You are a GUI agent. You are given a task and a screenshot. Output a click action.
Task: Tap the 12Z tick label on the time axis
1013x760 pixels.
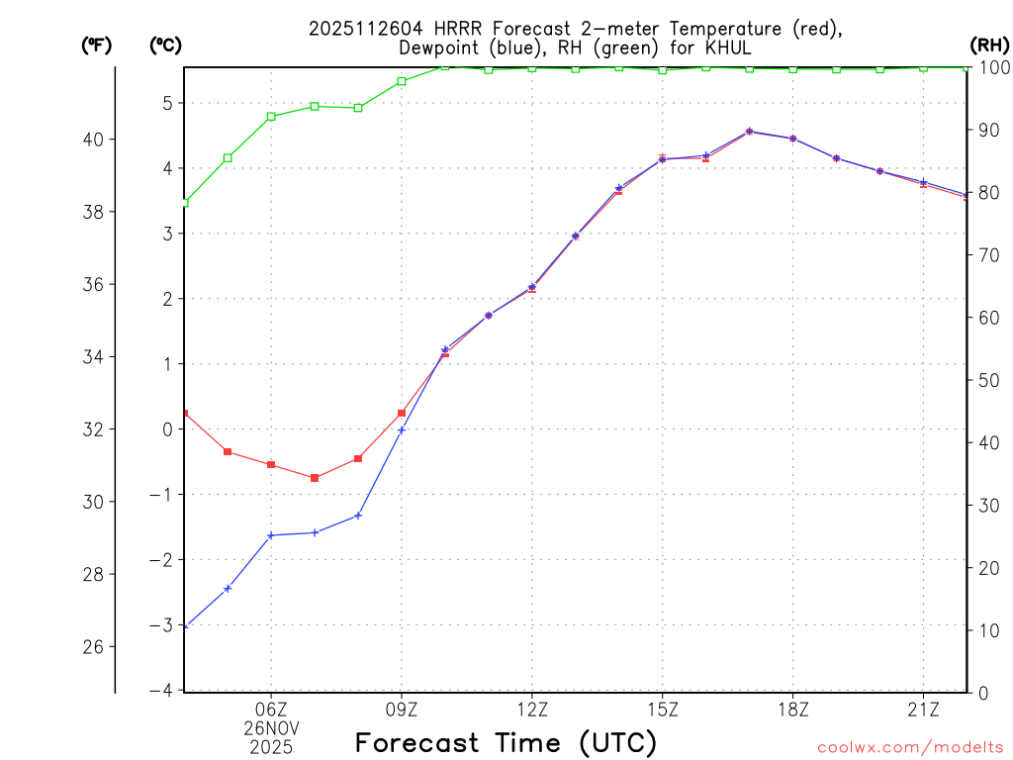532,710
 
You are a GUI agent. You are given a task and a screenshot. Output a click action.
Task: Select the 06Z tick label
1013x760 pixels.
271,710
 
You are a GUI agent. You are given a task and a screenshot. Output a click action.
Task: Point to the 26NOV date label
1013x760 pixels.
271,728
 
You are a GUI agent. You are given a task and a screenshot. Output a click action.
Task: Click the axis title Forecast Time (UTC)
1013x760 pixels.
506,742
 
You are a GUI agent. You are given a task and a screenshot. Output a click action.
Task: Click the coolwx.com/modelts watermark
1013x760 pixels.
910,747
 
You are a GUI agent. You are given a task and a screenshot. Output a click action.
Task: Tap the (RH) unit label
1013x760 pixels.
989,45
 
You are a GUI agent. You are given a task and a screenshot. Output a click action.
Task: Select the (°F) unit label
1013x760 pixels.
97,45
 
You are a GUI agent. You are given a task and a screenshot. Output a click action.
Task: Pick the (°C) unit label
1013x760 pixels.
165,45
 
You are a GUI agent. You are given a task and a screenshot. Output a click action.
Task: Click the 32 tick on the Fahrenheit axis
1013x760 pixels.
94,429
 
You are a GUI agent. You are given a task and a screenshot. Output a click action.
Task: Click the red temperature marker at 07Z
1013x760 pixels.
315,478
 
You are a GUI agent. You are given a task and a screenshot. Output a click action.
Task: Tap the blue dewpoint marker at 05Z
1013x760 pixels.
228,589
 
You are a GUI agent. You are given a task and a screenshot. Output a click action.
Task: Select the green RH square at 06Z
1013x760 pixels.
271,116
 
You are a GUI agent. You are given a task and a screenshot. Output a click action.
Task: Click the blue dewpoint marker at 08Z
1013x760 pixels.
358,515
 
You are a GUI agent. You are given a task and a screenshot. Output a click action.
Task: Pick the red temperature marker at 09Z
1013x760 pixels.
402,413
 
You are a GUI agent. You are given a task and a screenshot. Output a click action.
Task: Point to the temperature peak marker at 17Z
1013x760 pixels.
749,131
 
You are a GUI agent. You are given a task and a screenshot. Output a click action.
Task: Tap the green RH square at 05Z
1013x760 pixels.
228,157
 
